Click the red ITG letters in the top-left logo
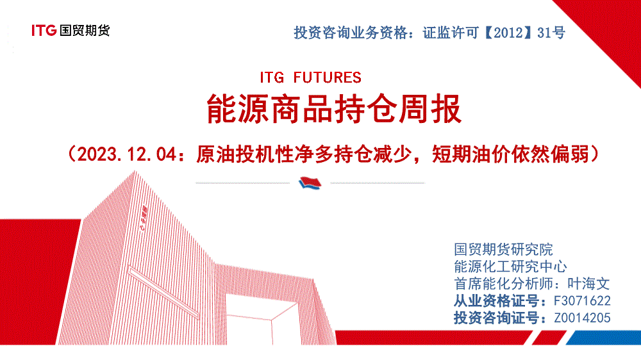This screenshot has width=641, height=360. (x=44, y=30)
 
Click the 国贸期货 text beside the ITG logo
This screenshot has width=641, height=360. (x=85, y=30)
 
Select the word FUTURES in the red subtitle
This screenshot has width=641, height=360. (x=328, y=78)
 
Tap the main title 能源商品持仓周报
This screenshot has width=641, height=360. (x=335, y=109)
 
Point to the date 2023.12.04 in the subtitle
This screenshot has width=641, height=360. (x=127, y=154)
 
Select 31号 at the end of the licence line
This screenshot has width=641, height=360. (x=551, y=33)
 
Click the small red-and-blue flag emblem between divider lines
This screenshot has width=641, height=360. (x=310, y=183)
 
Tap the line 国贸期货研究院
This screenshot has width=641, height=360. (x=503, y=249)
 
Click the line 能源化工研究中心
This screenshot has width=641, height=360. (x=511, y=266)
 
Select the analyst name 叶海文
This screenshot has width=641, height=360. (x=588, y=284)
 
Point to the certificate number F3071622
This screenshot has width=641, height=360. (x=582, y=301)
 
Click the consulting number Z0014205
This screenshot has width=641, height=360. (x=582, y=318)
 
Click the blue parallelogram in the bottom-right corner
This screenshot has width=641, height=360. (x=603, y=338)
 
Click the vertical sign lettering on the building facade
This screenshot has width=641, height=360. (x=144, y=218)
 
